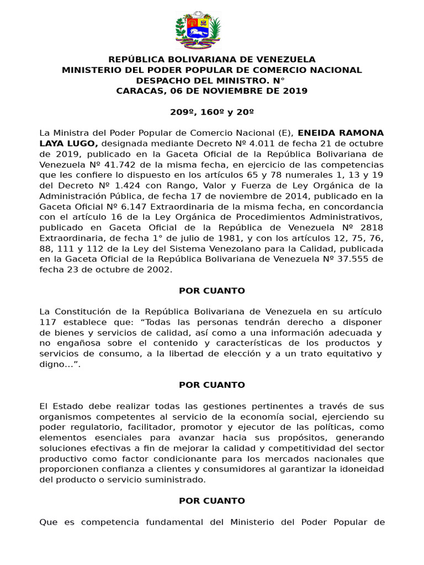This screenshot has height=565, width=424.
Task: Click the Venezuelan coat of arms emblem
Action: (x=198, y=32)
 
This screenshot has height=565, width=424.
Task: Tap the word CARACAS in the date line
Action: (x=137, y=91)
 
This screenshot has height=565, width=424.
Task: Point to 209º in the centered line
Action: (x=181, y=112)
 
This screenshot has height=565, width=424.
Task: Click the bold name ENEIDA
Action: (x=317, y=133)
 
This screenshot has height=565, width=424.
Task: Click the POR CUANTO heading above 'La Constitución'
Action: (x=212, y=291)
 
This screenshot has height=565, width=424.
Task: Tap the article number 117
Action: (x=48, y=322)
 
